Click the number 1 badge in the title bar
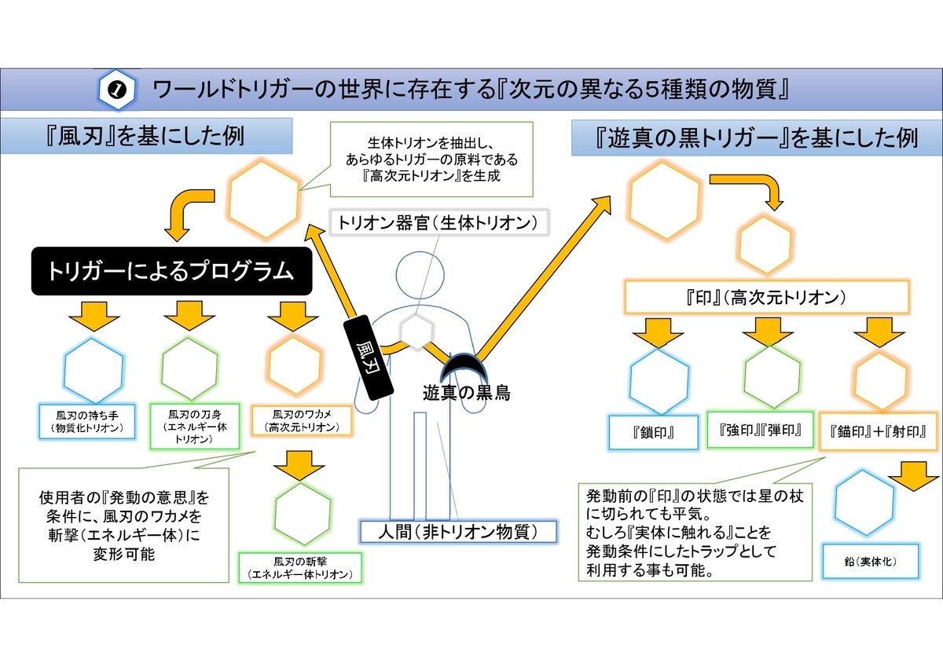116,90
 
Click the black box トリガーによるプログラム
172,271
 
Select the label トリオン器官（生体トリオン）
438,222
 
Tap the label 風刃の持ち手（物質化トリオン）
87,422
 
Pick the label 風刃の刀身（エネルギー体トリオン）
195,427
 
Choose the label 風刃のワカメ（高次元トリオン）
302,421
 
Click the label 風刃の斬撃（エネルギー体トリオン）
300,568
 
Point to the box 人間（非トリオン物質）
458,532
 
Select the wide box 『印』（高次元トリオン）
766,298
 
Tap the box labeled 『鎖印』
653,433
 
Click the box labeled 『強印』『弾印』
761,430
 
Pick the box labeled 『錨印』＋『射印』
879,432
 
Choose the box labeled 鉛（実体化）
871,562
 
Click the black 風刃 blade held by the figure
369,357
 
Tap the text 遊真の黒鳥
467,393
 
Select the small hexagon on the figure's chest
416,332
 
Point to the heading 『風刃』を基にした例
145,136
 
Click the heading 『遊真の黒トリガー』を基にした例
756,138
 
